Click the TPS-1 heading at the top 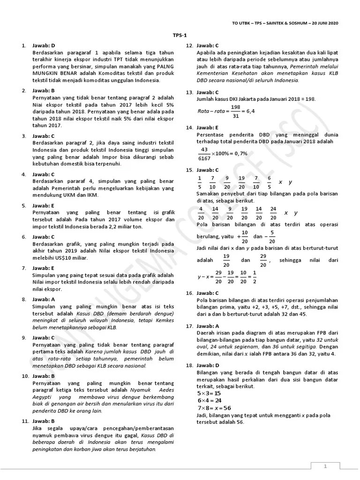point(180,35)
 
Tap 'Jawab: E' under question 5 point(44,205)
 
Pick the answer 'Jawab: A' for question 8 point(44,299)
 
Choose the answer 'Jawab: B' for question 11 point(44,421)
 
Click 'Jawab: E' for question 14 point(208,127)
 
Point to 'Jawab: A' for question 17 point(208,325)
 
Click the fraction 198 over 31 point(235,111)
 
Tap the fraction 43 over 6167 point(204,153)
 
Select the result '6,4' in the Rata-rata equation point(250,111)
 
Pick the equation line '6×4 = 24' point(209,401)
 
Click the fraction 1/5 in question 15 point(200,182)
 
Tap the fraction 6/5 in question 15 point(269,182)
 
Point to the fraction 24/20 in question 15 point(273,213)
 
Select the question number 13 point(189,92)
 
